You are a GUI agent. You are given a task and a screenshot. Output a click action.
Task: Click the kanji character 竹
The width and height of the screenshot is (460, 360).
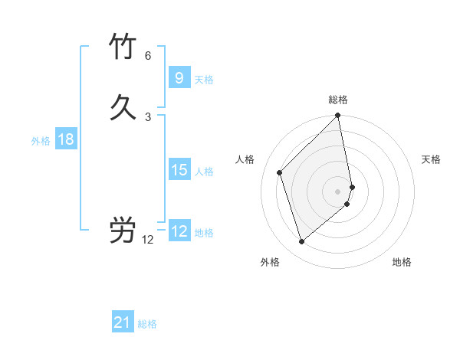point(123,47)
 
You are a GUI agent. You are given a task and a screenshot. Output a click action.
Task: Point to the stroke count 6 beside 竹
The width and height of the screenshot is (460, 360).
point(148,56)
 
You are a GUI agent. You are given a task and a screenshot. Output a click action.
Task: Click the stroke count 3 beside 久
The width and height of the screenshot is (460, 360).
point(148,117)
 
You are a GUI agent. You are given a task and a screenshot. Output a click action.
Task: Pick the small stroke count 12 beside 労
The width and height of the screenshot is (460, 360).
point(148,240)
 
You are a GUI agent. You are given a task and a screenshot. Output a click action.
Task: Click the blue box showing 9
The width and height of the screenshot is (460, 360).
point(179,78)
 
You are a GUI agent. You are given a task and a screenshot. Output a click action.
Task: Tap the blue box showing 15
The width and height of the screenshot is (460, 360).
point(179,170)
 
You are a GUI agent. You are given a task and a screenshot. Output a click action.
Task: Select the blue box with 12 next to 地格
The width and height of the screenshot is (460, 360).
point(179,231)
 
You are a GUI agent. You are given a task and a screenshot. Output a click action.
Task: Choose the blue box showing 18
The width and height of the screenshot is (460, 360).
point(65,139)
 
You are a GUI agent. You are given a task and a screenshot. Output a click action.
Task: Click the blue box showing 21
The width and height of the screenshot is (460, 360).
point(123,323)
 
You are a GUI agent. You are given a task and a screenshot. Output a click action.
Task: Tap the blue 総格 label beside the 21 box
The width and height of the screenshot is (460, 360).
point(147,324)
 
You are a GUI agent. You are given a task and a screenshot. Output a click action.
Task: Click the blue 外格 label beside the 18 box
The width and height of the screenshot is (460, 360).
point(41,140)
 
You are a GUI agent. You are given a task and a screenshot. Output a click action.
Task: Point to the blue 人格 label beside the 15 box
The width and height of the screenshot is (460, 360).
point(205,171)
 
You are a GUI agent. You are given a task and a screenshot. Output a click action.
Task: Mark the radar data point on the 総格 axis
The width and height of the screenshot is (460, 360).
point(338,116)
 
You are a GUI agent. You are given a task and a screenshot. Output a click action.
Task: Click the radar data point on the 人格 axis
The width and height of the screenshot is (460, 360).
point(280,172)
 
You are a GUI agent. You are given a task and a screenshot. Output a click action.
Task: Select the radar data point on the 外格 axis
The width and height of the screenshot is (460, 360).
point(301,242)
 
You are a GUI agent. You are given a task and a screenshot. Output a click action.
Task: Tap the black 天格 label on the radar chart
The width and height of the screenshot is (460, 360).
point(431,159)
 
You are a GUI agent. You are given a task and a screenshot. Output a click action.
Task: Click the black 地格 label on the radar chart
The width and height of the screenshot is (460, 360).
point(402,262)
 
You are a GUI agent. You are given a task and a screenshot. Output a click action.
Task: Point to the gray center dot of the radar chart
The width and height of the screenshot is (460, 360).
point(338,191)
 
